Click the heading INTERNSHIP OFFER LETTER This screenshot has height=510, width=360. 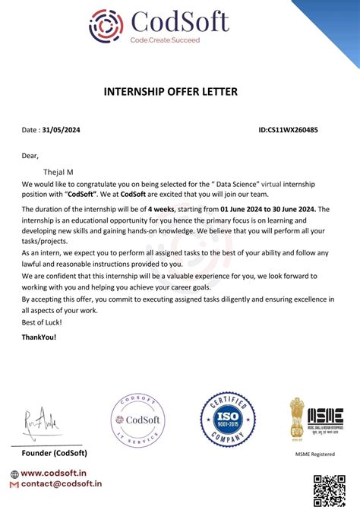tap(171, 92)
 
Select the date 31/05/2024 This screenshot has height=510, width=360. tap(61, 130)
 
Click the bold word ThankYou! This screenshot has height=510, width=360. tap(39, 337)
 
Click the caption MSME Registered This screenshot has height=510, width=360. tap(315, 454)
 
